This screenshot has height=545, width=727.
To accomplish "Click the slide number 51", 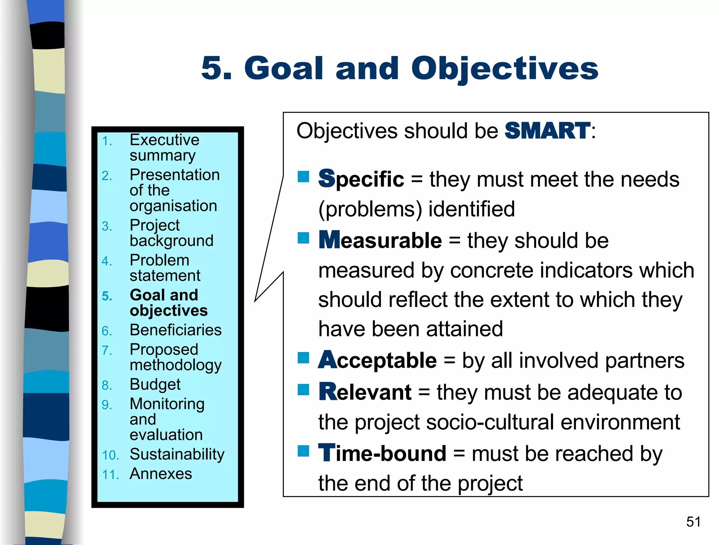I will pos(693,522).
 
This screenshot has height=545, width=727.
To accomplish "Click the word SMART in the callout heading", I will pos(547,131).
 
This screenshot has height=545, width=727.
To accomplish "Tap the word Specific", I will pos(361,179).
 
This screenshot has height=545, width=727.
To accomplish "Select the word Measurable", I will pos(380,240).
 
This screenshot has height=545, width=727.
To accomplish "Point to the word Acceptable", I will pos(377,360).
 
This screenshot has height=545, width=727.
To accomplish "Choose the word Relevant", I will pos(365,392).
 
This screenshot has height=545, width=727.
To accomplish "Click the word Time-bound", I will pos(382,453).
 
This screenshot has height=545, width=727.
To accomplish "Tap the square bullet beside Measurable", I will pos(304,238).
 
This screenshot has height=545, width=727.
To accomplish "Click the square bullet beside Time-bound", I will pos(304,451).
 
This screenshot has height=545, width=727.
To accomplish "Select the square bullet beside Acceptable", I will pos(304,358).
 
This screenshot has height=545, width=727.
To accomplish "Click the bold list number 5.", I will pos(107,296).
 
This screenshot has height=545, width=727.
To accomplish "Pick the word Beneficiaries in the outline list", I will pos(176,330).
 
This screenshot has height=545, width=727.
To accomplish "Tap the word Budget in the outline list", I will pos(155,385).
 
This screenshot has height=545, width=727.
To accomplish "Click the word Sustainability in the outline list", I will pos(177,454).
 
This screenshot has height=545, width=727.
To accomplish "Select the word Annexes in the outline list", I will pos(161,474).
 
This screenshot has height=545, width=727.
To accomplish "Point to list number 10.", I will pos(110,455).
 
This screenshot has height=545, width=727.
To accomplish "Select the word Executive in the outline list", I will pos(164,140).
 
